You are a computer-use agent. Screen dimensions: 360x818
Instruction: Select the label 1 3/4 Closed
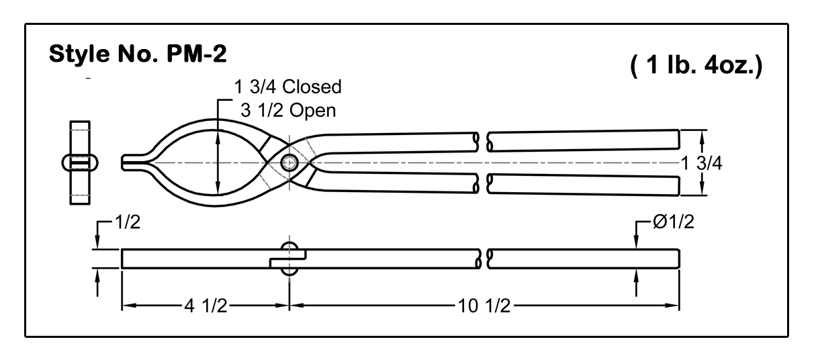tap(287, 87)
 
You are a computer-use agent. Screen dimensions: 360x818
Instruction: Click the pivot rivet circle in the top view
tap(289, 162)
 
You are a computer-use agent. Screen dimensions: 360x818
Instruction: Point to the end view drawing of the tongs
tap(79, 162)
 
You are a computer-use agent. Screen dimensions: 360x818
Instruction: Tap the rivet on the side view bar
tap(289, 259)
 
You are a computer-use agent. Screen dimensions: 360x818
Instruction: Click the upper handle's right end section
tap(584, 140)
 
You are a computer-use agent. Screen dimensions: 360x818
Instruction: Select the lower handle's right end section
tap(584, 184)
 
